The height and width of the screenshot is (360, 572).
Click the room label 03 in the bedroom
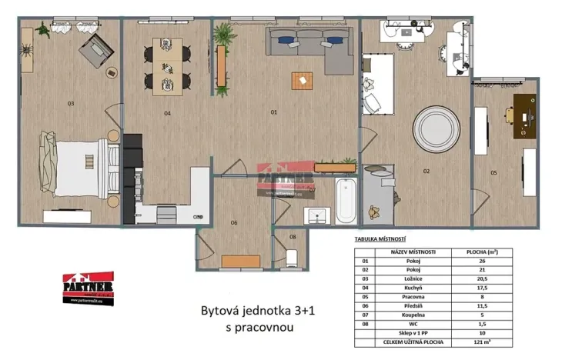70,103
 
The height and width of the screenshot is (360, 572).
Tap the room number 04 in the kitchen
166,113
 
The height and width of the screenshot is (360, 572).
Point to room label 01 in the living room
273,112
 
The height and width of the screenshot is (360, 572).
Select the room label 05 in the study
493,172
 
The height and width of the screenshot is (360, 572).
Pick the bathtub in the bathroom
345,199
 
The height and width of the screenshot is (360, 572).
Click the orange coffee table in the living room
303,80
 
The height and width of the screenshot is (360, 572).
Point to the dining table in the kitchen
167,66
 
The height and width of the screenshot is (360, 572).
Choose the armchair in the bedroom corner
97,51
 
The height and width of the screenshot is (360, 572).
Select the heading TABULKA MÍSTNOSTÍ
375,238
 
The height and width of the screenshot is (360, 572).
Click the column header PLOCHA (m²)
487,252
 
